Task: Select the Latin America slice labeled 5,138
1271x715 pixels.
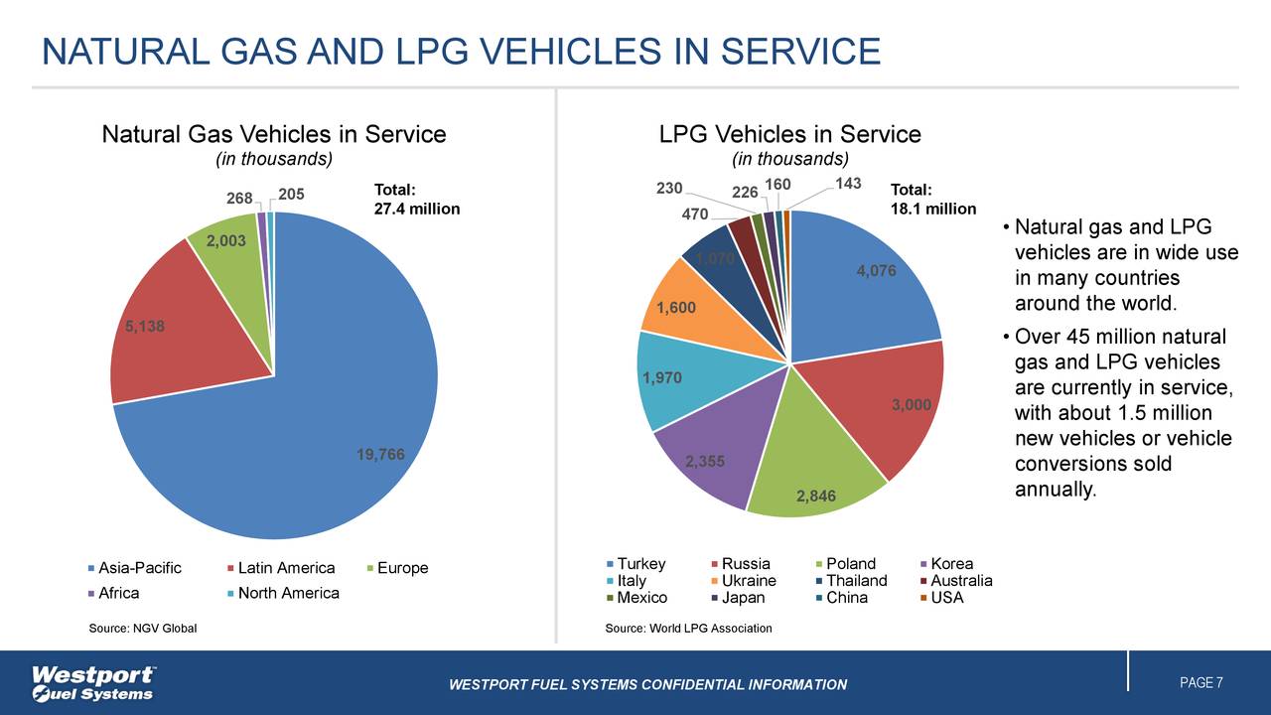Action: [174, 328]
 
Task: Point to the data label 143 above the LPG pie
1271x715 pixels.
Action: [848, 184]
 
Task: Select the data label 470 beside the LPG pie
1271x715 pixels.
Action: [695, 214]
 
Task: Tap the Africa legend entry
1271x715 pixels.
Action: [114, 593]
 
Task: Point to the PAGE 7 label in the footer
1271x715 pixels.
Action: [1200, 682]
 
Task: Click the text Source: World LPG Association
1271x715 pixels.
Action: [688, 628]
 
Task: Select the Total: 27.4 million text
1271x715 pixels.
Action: [416, 200]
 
